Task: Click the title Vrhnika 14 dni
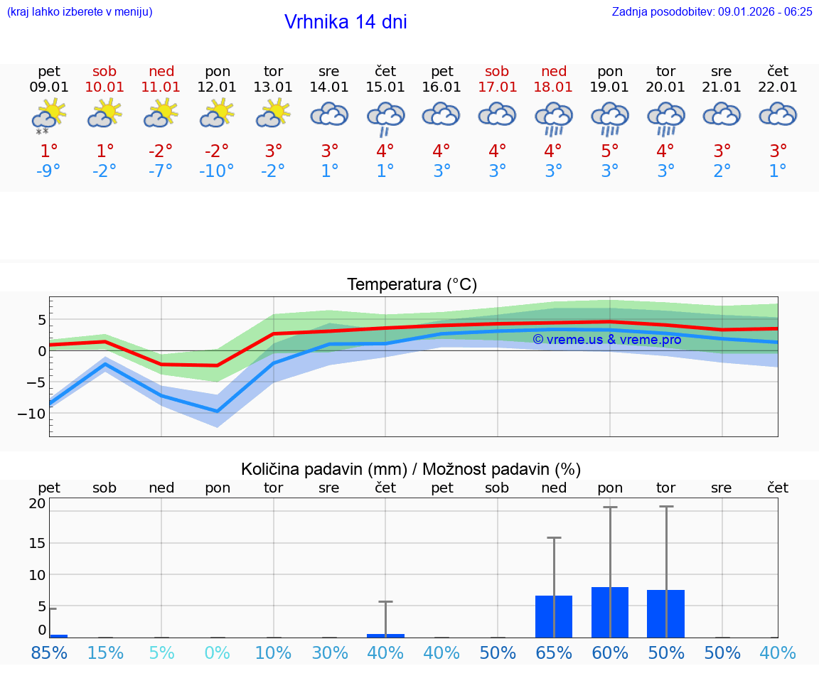point(346,22)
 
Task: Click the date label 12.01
point(217,87)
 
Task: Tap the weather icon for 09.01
point(48,116)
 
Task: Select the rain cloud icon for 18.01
point(553,119)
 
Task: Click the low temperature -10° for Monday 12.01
point(217,171)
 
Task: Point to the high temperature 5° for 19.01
point(609,151)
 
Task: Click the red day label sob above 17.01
point(497,71)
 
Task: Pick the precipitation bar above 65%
point(553,616)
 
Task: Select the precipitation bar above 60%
point(609,612)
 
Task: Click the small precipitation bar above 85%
point(58,635)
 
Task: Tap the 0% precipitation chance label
point(217,652)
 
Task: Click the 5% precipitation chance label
point(161,652)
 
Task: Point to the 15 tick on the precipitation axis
point(37,543)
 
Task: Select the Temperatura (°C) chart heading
point(412,285)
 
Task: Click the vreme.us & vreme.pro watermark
point(606,340)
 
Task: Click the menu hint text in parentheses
point(80,12)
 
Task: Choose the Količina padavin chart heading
point(410,469)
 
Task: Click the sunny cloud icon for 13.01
point(273,114)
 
